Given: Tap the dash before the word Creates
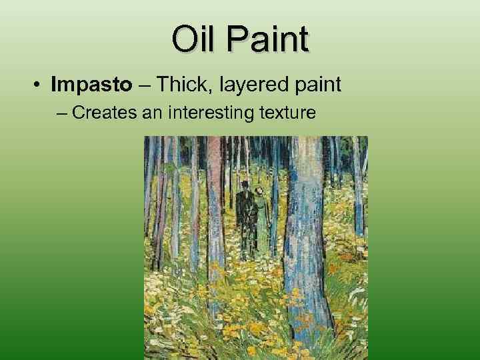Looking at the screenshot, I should click(x=63, y=113).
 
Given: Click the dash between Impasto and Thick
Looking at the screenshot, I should click(x=143, y=85).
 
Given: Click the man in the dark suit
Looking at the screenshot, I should click(x=246, y=217).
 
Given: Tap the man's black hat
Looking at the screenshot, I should click(x=245, y=183).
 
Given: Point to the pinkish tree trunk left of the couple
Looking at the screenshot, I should click(x=213, y=200).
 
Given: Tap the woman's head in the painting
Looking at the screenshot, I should click(x=259, y=191).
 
